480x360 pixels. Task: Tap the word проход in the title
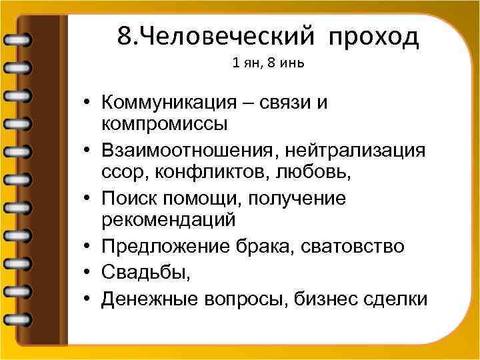click(x=373, y=37)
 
